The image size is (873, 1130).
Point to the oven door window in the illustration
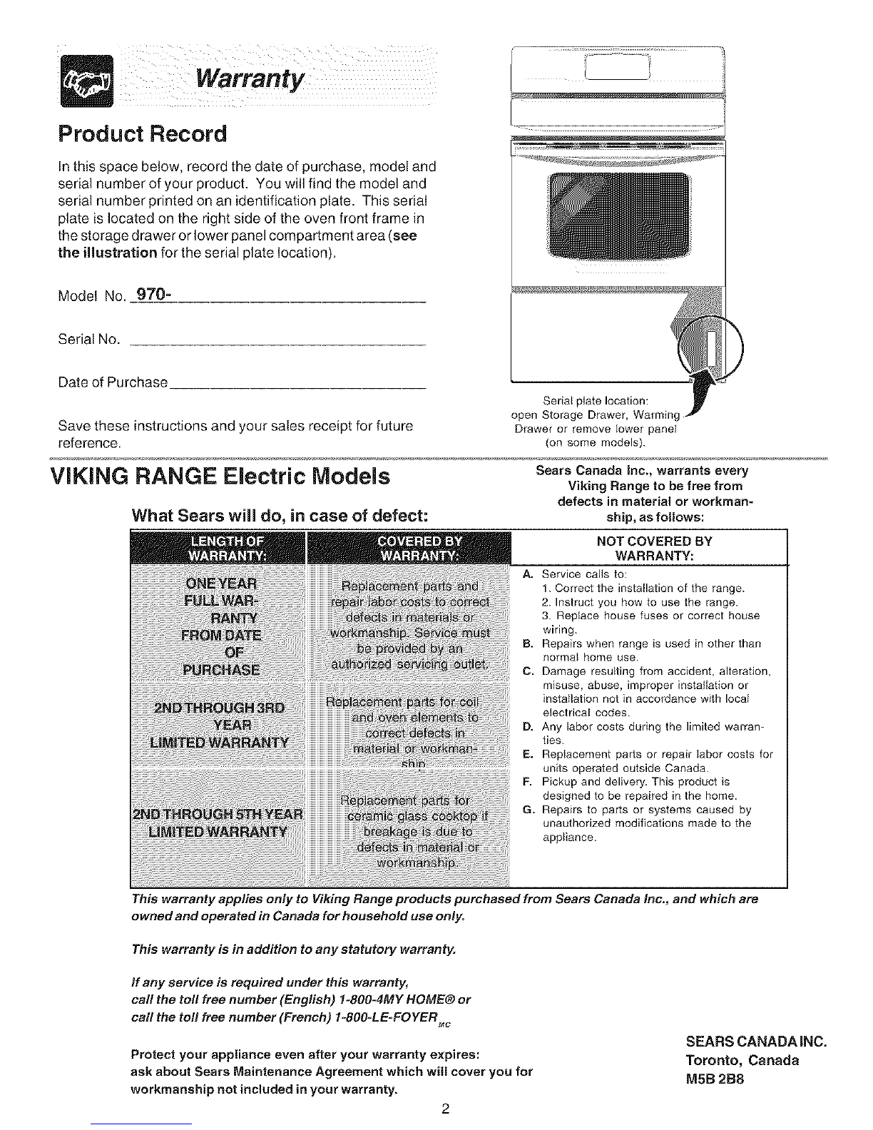click(618, 218)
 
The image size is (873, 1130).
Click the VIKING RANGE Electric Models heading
click(220, 477)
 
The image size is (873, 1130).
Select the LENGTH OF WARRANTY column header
click(218, 547)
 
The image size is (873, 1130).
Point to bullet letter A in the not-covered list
click(527, 574)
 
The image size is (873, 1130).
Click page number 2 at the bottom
click(444, 1109)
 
